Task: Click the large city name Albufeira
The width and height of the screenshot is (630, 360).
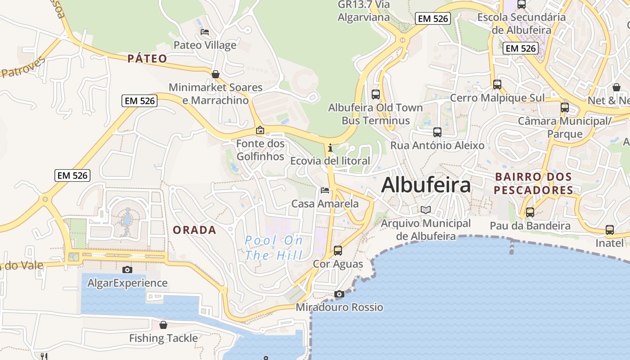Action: pyautogui.click(x=426, y=185)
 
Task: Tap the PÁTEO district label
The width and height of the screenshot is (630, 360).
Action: pyautogui.click(x=147, y=58)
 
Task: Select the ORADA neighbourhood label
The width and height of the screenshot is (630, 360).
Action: pyautogui.click(x=194, y=230)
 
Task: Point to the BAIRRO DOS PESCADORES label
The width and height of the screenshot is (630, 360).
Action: pyautogui.click(x=533, y=184)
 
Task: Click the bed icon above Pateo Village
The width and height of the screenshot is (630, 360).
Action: pyautogui.click(x=205, y=32)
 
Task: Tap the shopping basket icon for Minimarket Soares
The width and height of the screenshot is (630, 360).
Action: pyautogui.click(x=216, y=74)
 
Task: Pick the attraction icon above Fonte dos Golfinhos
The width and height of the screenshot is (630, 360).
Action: pyautogui.click(x=260, y=130)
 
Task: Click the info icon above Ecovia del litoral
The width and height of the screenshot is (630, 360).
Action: pyautogui.click(x=330, y=148)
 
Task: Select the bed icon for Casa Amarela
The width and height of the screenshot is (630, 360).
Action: pyautogui.click(x=325, y=190)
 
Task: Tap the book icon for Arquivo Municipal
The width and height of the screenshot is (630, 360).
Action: pyautogui.click(x=425, y=210)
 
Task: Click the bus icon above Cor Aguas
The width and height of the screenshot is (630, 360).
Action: pyautogui.click(x=338, y=251)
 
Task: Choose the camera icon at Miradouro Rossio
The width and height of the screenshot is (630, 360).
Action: pyautogui.click(x=339, y=294)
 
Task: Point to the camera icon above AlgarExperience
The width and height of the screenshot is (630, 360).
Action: pyautogui.click(x=127, y=270)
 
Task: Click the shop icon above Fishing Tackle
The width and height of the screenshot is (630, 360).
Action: pyautogui.click(x=163, y=325)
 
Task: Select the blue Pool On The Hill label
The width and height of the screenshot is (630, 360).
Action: pyautogui.click(x=274, y=248)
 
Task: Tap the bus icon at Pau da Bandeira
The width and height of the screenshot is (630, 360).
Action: pyautogui.click(x=530, y=212)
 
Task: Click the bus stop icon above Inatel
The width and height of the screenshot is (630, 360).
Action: pyautogui.click(x=610, y=230)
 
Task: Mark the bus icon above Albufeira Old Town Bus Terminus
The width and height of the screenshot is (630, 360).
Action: pyautogui.click(x=376, y=94)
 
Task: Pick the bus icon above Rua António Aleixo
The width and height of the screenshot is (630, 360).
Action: pyautogui.click(x=437, y=132)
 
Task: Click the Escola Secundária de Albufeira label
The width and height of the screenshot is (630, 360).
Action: pyautogui.click(x=522, y=24)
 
